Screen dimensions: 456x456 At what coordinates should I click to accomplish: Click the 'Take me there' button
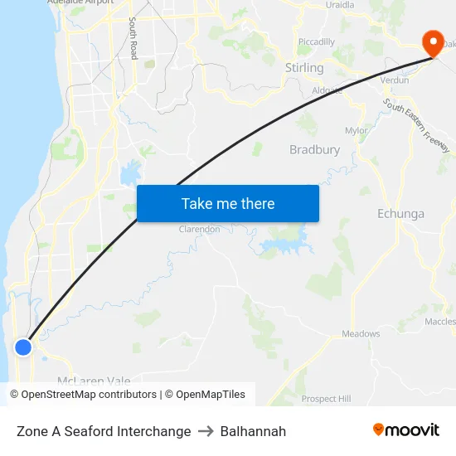pos(227,203)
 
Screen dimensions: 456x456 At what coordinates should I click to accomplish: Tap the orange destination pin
pos(433,43)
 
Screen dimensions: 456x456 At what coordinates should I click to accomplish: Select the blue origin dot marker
pos(23,347)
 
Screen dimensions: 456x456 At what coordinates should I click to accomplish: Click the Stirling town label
pos(304,68)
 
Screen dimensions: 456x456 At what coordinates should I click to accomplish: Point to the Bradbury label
pos(314,150)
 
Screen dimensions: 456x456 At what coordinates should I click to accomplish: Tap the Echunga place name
pos(400,214)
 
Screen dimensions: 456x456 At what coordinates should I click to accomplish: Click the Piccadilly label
pos(316,42)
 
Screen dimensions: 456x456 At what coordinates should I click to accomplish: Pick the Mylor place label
pos(356,131)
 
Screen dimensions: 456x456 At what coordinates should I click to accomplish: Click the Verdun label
pos(394,80)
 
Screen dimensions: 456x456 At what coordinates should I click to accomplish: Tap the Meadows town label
pos(361,334)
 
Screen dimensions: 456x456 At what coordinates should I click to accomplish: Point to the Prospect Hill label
pos(326,399)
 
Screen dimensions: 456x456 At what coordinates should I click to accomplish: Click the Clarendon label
pos(199,230)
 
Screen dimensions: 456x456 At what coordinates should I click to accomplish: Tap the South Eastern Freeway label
pos(416,125)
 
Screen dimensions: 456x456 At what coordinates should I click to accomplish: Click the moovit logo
pos(406,430)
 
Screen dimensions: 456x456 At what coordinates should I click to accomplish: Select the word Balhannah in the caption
pos(253,431)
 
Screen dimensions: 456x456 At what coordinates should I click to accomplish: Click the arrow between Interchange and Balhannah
pos(206,431)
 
